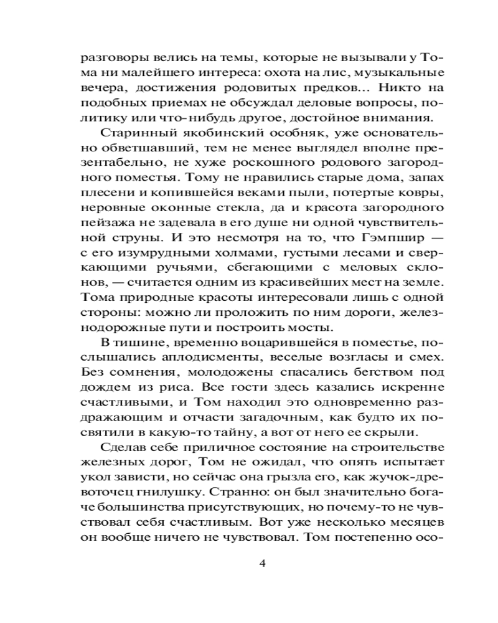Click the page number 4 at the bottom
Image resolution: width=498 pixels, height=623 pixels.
261,564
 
